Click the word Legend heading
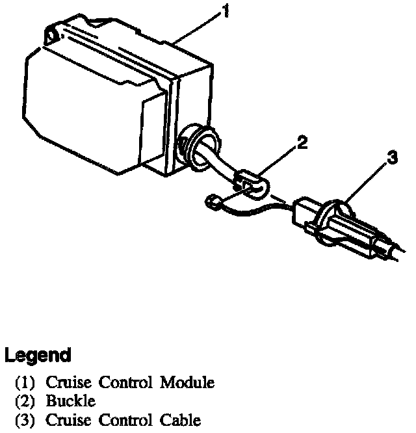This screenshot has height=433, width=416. coord(38,356)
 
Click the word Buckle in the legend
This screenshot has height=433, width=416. coord(70,400)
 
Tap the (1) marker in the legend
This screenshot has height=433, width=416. coord(25,382)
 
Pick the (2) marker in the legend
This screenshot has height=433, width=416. coord(25,400)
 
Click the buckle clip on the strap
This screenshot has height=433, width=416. coord(250,184)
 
